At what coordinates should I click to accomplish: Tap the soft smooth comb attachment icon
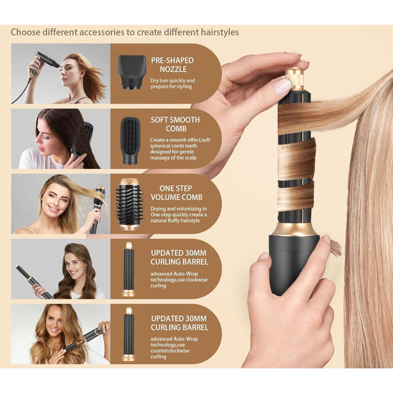[130, 141]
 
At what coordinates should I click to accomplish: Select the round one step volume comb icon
[130, 204]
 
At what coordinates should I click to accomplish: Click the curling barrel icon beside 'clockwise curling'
[129, 269]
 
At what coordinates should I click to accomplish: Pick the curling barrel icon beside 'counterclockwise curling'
[129, 334]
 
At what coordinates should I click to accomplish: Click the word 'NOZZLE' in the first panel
[173, 69]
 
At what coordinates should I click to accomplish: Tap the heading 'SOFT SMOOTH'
[175, 120]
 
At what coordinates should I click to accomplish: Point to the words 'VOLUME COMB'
[176, 197]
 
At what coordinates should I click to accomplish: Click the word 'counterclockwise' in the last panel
[170, 350]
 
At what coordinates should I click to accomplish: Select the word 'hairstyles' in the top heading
[220, 32]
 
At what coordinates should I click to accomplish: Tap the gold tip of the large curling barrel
[295, 79]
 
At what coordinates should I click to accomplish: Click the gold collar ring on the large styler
[295, 229]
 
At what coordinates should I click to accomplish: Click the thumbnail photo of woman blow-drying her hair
[61, 73]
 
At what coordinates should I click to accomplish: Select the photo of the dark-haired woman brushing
[61, 139]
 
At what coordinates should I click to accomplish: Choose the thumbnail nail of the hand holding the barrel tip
[282, 86]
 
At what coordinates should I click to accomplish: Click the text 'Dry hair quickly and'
[173, 81]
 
